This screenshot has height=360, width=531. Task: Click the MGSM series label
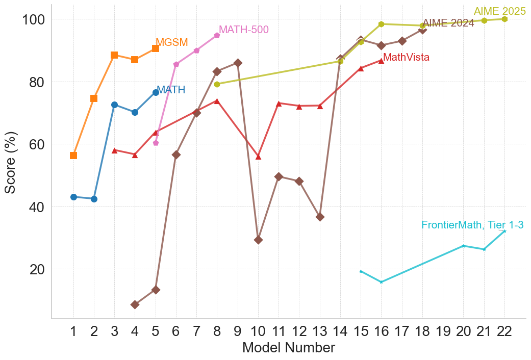[171, 43]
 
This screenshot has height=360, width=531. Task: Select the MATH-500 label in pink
[243, 30]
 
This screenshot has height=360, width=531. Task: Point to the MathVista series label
[406, 58]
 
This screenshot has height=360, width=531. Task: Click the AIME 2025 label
[499, 12]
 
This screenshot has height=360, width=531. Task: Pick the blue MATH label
[170, 90]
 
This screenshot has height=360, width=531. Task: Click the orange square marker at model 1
[73, 156]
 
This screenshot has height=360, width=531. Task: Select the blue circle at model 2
[94, 199]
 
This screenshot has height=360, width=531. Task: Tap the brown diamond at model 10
[258, 240]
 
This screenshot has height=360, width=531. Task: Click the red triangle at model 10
[258, 157]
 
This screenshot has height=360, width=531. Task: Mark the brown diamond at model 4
[135, 304]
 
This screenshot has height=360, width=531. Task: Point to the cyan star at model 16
[381, 282]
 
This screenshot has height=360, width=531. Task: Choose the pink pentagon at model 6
[176, 64]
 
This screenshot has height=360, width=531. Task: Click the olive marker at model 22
[504, 19]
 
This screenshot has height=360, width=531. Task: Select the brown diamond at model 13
[320, 217]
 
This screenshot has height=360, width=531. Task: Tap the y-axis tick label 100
[33, 19]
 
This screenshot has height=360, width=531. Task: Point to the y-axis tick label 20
[37, 269]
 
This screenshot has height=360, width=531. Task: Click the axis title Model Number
[288, 348]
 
